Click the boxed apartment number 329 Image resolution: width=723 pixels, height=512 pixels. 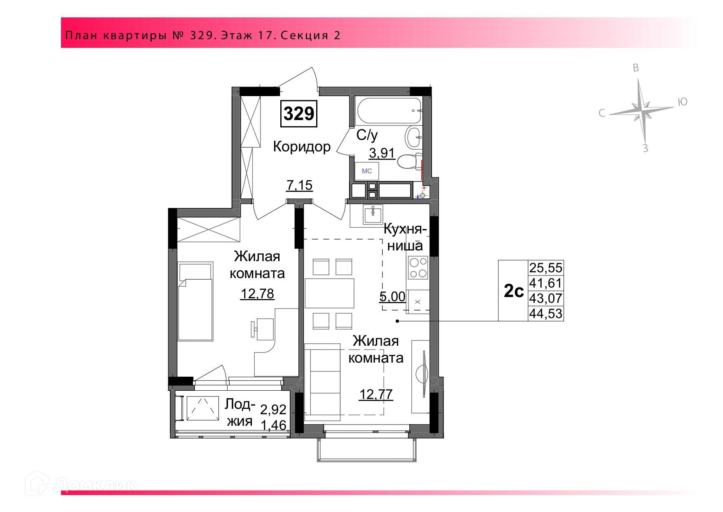click(299, 113)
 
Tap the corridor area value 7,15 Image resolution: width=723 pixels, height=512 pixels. click(300, 186)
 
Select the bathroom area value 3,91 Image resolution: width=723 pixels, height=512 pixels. click(382, 153)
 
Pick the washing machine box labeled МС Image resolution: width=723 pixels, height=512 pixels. click(367, 171)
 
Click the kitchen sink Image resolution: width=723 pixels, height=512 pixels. click(373, 214)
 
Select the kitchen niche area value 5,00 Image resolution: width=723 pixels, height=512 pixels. click(392, 296)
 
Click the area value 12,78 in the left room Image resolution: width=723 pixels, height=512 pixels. click(258, 294)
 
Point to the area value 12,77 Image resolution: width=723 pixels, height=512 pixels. click(376, 394)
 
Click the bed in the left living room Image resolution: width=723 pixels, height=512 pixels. click(196, 301)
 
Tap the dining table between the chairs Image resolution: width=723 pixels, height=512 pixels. click(330, 293)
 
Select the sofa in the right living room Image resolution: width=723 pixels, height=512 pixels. click(324, 380)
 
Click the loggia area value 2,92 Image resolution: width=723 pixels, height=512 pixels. click(273, 409)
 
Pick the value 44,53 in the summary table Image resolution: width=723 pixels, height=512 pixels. click(546, 314)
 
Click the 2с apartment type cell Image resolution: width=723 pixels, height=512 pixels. click(514, 291)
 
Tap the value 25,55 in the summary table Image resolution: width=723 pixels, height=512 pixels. click(546, 268)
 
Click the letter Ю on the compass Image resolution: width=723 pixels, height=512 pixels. click(683, 102)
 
